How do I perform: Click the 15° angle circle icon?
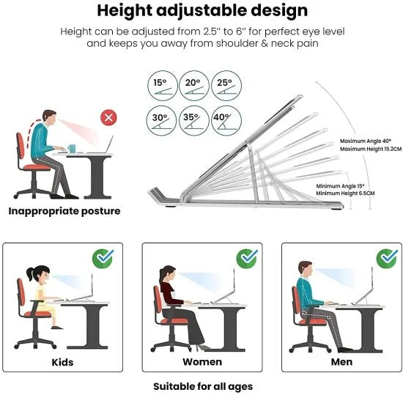click(x=160, y=86)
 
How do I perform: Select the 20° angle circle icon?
click(x=192, y=86)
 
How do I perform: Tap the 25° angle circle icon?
click(x=223, y=86)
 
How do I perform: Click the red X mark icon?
click(x=109, y=117)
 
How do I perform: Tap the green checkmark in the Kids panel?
click(x=103, y=258)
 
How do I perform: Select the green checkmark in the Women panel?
click(x=248, y=258)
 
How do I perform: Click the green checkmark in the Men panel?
click(x=386, y=258)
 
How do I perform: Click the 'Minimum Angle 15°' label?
click(x=340, y=186)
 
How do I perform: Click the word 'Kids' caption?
click(x=62, y=362)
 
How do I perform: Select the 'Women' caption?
click(x=202, y=362)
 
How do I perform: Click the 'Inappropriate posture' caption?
click(x=64, y=211)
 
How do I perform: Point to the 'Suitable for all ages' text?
click(x=202, y=385)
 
